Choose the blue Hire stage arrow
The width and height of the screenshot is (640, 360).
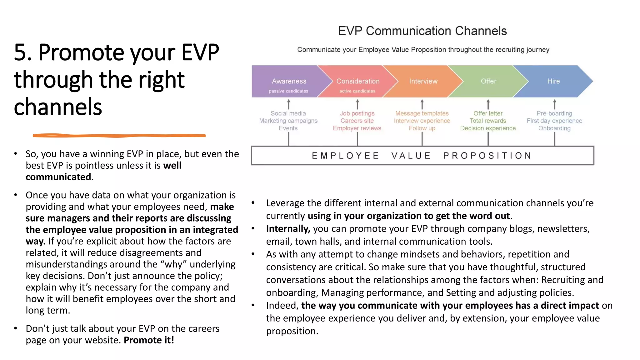pos(553,81)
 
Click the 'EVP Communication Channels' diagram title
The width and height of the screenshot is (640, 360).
pos(422,31)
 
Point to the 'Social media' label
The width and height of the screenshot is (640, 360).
pos(288,113)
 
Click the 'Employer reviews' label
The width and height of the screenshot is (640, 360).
pos(357,128)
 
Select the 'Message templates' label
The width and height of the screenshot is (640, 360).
pos(422,113)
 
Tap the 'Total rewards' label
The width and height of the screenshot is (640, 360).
pos(488,121)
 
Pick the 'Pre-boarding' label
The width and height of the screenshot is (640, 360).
pos(554,113)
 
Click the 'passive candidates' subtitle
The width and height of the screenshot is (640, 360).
pos(288,91)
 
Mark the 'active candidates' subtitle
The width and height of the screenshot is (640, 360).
pos(357,91)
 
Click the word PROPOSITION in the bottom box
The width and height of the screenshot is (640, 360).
pos(487,156)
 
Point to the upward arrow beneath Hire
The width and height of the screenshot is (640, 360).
pos(555,104)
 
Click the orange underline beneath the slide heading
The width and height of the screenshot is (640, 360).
pos(119,136)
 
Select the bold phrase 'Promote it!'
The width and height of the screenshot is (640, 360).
pos(149,340)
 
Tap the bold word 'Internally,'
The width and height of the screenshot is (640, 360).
pos(288,229)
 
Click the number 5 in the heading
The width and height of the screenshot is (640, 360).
pos(21,52)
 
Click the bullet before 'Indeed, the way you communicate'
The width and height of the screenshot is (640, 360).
pos(253,305)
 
